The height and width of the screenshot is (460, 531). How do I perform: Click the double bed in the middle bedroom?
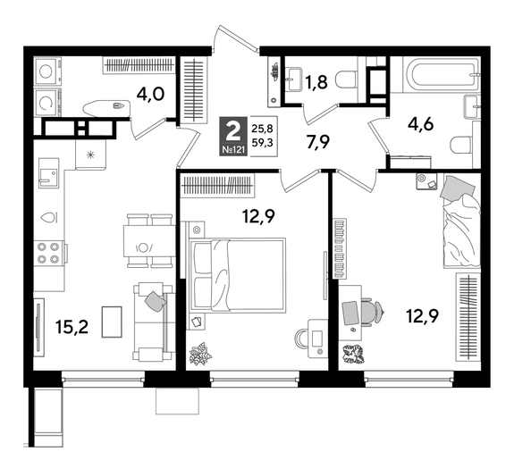point(237,272)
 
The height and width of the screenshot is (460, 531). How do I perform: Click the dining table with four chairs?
point(143,240)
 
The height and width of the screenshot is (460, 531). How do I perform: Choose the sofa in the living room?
point(151,318)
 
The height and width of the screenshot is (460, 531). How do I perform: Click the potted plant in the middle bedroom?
point(200,354)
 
